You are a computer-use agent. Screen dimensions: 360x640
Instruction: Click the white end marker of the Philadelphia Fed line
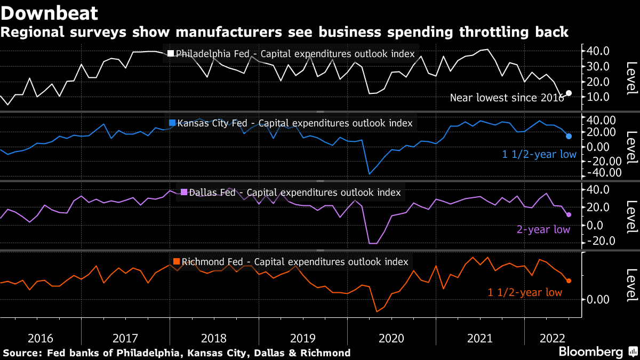click(569, 93)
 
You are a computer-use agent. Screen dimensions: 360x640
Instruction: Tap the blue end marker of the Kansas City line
click(569, 137)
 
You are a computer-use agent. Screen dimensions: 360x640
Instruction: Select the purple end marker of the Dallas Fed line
click(569, 214)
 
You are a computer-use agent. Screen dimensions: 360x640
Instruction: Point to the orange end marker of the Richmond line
click(569, 281)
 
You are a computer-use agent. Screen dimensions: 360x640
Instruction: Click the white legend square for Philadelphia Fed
click(171, 53)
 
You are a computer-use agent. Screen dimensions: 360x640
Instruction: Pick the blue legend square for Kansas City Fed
click(172, 123)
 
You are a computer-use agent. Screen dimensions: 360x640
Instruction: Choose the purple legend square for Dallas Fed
click(184, 193)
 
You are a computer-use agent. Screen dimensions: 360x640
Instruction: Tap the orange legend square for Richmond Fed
click(177, 262)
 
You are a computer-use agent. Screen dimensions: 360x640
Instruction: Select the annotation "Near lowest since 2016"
click(507, 98)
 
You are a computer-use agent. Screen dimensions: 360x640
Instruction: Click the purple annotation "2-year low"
click(543, 230)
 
